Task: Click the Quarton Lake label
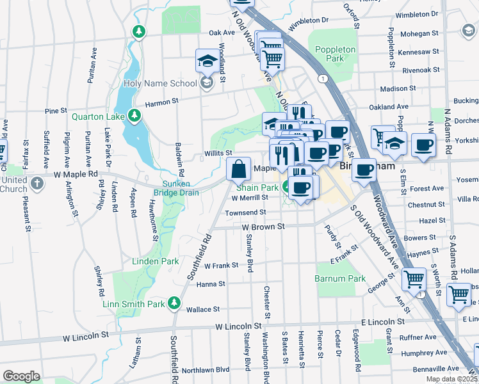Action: (x=98, y=116)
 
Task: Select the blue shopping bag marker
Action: (x=238, y=170)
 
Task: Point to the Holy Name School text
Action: (x=160, y=83)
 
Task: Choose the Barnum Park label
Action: (x=340, y=278)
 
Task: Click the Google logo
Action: (x=21, y=376)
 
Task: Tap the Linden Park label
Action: (x=156, y=261)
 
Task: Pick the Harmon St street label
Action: (x=161, y=102)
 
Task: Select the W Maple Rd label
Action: (x=76, y=174)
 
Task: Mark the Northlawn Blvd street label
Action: (x=205, y=370)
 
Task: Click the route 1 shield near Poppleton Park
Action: (x=325, y=78)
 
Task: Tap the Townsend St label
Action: (x=245, y=212)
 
